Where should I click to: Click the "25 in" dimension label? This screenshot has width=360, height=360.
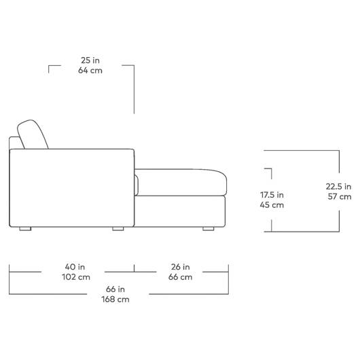click(x=90, y=60)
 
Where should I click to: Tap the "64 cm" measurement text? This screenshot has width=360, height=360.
click(x=90, y=70)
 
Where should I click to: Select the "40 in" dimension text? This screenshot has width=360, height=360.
click(x=75, y=267)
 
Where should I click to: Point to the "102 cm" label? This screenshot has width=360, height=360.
click(x=76, y=277)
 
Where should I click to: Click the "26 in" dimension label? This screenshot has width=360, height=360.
click(x=180, y=267)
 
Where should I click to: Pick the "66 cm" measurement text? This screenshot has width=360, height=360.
click(x=180, y=277)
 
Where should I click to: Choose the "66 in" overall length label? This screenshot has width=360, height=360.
click(x=115, y=289)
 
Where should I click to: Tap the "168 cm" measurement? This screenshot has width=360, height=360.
click(x=115, y=299)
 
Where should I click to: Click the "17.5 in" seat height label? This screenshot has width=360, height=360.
click(x=272, y=195)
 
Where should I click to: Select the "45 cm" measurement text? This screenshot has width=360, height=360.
click(x=272, y=205)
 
